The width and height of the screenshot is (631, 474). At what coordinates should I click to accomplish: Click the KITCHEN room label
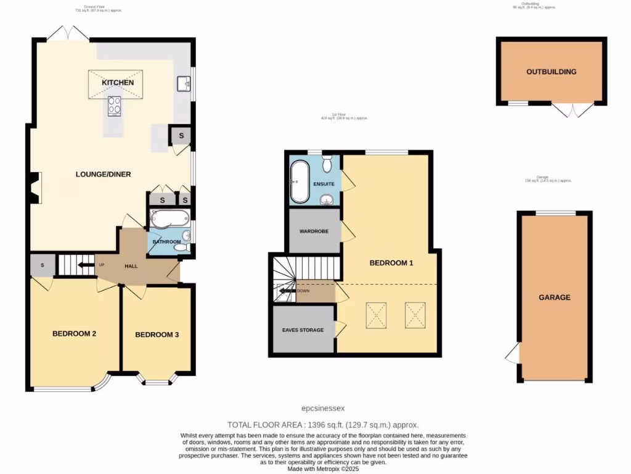tap(117, 82)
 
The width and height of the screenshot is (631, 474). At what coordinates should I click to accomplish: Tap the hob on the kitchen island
tap(115, 106)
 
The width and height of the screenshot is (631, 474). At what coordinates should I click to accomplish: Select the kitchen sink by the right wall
tap(183, 83)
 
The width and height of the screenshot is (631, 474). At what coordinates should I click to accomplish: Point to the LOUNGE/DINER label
tap(104, 174)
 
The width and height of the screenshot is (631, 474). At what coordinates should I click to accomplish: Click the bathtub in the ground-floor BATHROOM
tap(169, 218)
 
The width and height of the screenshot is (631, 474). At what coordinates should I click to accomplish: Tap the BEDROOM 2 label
tap(74, 334)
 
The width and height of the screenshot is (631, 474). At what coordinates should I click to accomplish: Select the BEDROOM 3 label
tap(157, 335)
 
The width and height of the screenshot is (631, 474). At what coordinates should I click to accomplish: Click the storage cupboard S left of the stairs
tap(42, 265)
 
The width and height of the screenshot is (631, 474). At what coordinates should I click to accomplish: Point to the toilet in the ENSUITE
tap(327, 163)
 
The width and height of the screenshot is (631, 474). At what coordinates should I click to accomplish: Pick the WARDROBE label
tap(314, 231)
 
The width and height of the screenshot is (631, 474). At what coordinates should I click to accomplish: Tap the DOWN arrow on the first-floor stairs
tap(287, 291)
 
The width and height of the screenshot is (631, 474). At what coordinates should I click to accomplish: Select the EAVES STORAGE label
tap(303, 330)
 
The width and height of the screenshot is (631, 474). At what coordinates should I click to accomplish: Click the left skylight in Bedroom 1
tap(376, 314)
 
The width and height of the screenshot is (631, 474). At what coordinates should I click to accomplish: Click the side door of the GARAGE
tap(512, 354)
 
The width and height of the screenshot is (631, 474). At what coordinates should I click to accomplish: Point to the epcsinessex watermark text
tap(324, 408)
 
